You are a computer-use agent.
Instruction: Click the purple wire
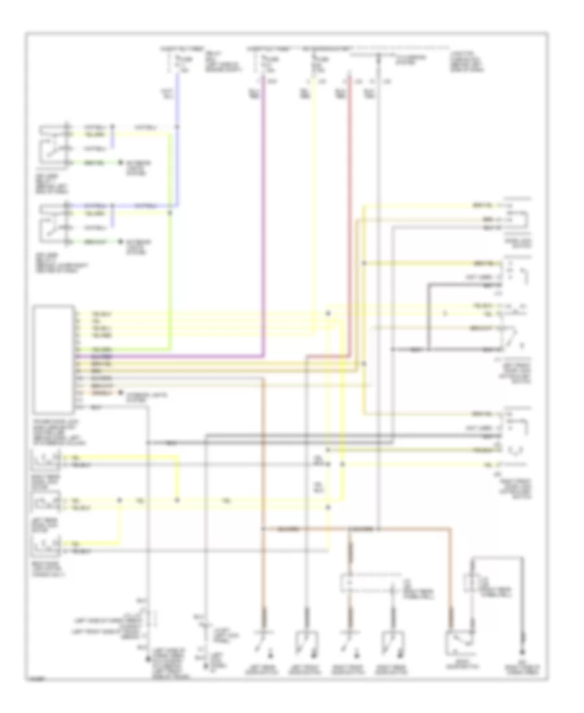(263, 227)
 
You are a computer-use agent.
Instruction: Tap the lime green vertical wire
(171, 272)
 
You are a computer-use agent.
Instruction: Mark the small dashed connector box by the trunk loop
(470, 584)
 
